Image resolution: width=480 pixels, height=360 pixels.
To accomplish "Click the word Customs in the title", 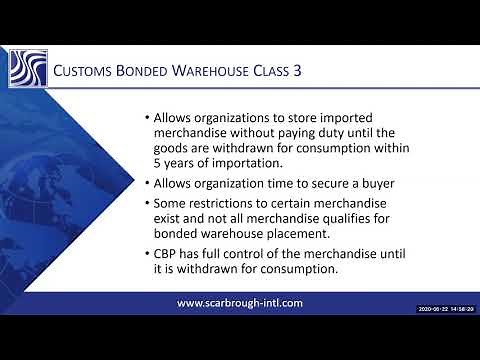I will point(79,72).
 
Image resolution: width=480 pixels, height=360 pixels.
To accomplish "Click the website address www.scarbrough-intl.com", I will point(239,302).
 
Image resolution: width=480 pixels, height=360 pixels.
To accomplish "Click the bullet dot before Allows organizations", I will point(147,118).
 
